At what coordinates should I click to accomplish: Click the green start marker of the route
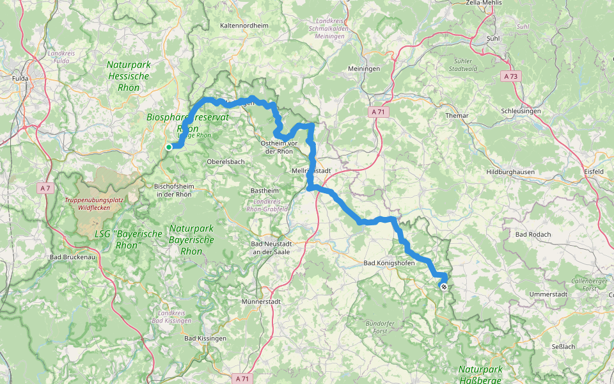pyautogui.click(x=168, y=147)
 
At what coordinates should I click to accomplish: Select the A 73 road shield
pyautogui.click(x=510, y=76)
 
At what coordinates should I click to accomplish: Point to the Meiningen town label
pyautogui.click(x=364, y=68)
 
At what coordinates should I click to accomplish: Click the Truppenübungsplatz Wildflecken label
pyautogui.click(x=95, y=204)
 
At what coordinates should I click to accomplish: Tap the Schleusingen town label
pyautogui.click(x=521, y=111)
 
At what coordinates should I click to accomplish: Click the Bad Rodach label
pyautogui.click(x=533, y=234)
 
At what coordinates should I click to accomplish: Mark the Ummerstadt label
pyautogui.click(x=549, y=294)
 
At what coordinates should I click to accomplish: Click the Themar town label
pyautogui.click(x=457, y=116)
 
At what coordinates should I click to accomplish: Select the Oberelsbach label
pyautogui.click(x=226, y=162)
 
